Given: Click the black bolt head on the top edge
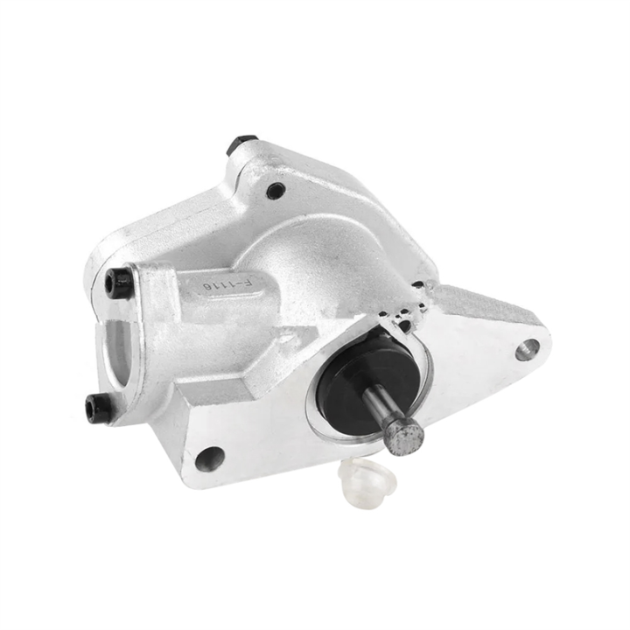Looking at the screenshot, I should tap(240, 143).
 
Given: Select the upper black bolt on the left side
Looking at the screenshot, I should tap(119, 281).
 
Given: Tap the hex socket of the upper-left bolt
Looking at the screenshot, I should tap(116, 282).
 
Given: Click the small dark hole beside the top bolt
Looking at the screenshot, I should tap(274, 188).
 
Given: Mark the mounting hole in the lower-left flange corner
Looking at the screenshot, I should tap(209, 456).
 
